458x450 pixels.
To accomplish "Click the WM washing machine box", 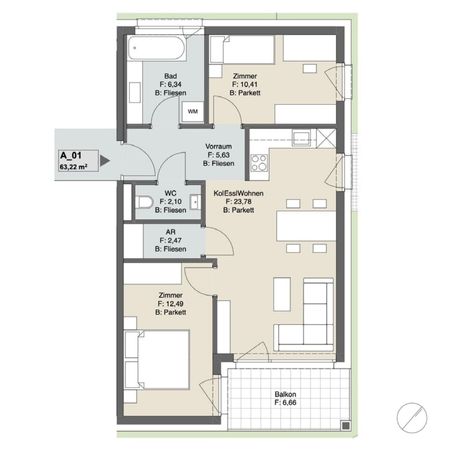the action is pos(192,111).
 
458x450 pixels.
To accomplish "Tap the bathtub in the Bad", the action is pos(157,48).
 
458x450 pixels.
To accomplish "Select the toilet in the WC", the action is pos(145,202).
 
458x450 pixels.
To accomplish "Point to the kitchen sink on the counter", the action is pos(301,138).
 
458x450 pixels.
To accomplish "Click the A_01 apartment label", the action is pos(71,156).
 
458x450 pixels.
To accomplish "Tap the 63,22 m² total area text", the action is pos(74,167).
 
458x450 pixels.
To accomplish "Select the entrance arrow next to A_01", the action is pos(105,161).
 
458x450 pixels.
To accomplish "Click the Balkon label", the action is pos(285,394).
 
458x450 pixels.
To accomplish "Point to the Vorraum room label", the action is pos(218,146).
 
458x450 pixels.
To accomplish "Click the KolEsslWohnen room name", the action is pos(238,193).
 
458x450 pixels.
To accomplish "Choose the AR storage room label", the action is pos(171,232).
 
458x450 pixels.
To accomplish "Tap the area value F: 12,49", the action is pos(171,304).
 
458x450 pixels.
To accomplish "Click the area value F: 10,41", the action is pos(245,85).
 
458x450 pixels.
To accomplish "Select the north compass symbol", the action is pos(412,418).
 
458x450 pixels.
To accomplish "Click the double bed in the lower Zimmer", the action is pos(157,360).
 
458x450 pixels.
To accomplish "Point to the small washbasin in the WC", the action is pos(195,202).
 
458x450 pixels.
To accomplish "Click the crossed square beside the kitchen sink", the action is pos(326,138).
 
